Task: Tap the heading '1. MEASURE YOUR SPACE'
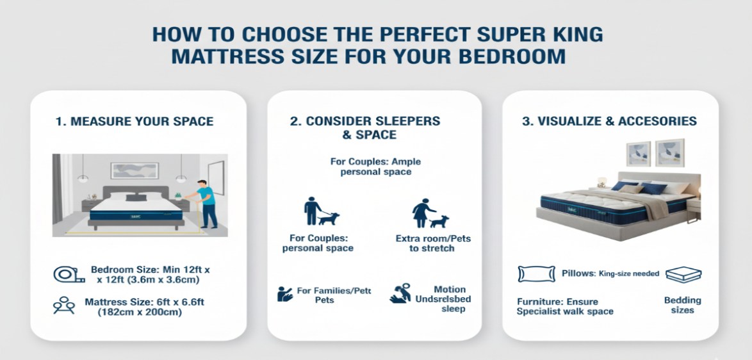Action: pos(134,121)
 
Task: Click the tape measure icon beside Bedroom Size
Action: pos(68,275)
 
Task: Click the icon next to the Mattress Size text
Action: pos(64,306)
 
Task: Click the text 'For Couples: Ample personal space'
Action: pos(375,167)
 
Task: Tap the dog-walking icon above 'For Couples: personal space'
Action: pos(320,211)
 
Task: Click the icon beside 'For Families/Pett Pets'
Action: pos(284,294)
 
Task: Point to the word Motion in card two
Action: pos(450,290)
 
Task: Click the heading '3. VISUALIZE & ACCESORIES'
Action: pos(609,121)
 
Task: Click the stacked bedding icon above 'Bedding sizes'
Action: pos(683,274)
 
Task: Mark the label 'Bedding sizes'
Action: pos(682,305)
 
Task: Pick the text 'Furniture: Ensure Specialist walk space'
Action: pos(565,306)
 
